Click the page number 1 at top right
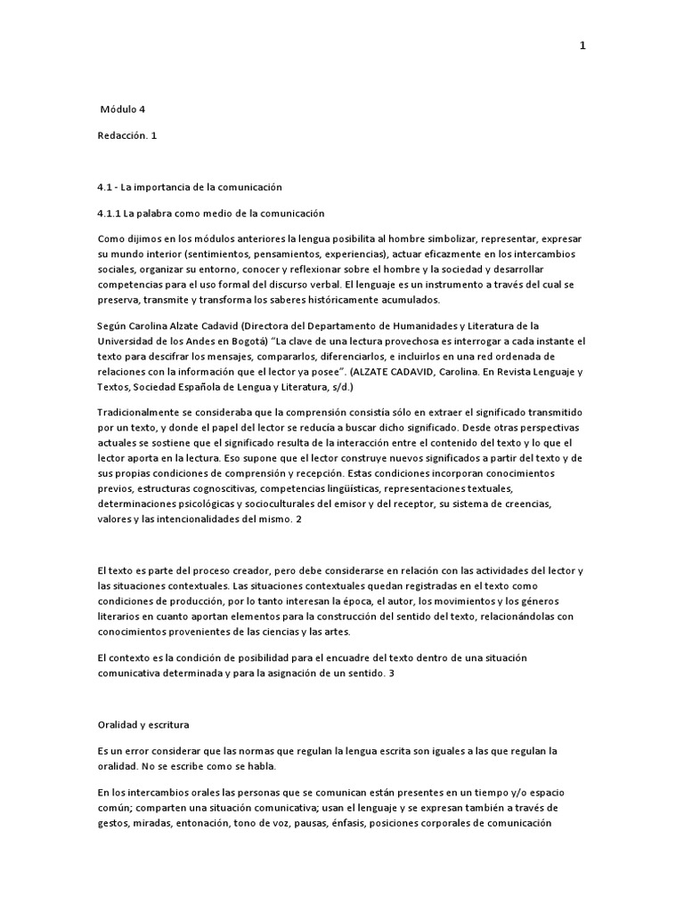point(582,47)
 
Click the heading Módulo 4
point(122,109)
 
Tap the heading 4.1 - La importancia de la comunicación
point(189,187)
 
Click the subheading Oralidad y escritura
point(142,724)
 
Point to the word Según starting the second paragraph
point(112,327)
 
